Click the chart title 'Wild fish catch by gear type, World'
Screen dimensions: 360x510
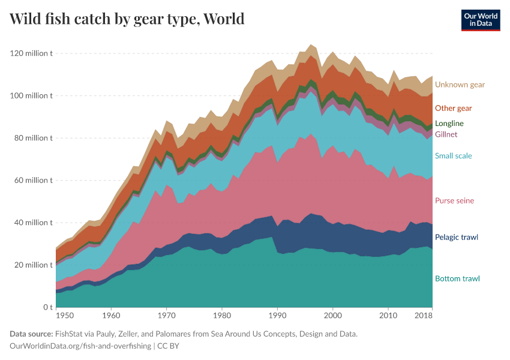pyautogui.click(x=127, y=19)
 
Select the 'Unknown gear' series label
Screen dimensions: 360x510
pyautogui.click(x=460, y=85)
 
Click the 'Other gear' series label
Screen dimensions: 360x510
pyautogui.click(x=453, y=108)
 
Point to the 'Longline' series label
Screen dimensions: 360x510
pyautogui.click(x=449, y=124)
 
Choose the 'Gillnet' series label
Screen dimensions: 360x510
pyautogui.click(x=446, y=134)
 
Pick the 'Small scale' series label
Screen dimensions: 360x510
pyautogui.click(x=453, y=156)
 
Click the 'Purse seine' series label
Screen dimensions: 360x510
pyautogui.click(x=454, y=200)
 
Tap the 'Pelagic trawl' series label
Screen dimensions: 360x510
pyautogui.click(x=456, y=237)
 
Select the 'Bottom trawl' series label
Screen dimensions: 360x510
pyautogui.click(x=457, y=278)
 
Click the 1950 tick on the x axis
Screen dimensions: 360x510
pyautogui.click(x=64, y=316)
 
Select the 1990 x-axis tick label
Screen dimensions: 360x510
pyautogui.click(x=277, y=316)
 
